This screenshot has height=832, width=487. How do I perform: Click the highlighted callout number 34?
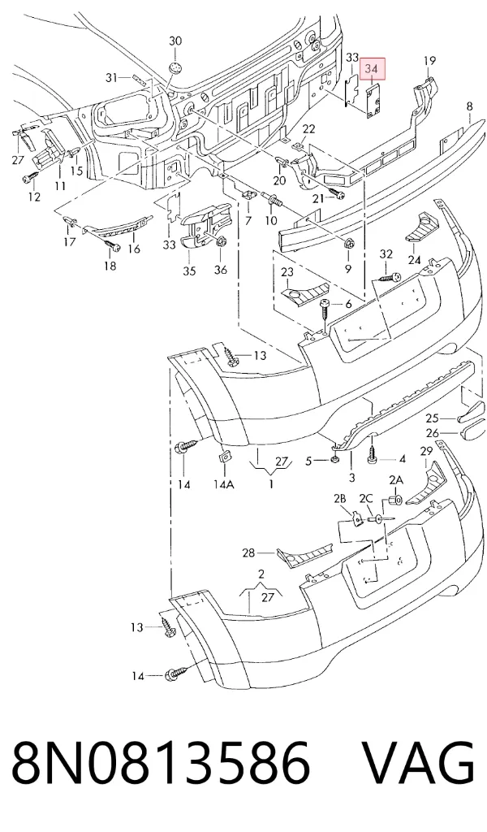372,69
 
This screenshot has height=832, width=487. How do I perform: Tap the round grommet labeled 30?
175,68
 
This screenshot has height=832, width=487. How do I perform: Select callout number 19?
429,60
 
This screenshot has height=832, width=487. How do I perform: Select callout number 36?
221,270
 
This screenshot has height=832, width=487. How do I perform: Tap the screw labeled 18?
113,245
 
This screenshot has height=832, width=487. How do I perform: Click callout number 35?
189,271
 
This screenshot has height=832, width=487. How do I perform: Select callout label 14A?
224,484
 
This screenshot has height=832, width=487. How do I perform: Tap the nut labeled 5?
335,460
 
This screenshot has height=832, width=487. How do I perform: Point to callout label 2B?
339,498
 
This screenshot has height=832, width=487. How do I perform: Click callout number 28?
248,552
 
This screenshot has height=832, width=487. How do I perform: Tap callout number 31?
110,78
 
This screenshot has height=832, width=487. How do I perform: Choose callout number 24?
414,260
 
